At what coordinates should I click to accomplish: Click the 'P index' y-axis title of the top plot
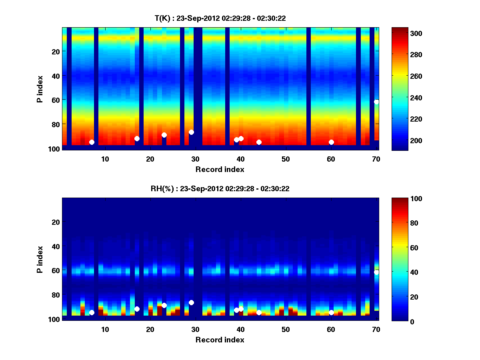40,89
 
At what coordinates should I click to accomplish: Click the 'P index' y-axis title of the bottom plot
40,259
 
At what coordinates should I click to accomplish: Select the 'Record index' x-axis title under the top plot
220,170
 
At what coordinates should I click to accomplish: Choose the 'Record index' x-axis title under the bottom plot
220,340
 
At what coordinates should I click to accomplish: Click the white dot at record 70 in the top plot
376,102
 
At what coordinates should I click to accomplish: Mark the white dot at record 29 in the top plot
191,132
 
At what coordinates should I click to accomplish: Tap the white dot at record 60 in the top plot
331,142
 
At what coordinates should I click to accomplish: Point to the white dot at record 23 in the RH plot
164,305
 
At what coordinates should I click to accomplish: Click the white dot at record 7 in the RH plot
92,312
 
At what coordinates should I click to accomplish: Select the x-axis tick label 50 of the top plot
286,159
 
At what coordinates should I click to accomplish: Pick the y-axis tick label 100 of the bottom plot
54,319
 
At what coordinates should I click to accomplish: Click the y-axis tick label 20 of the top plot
56,52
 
